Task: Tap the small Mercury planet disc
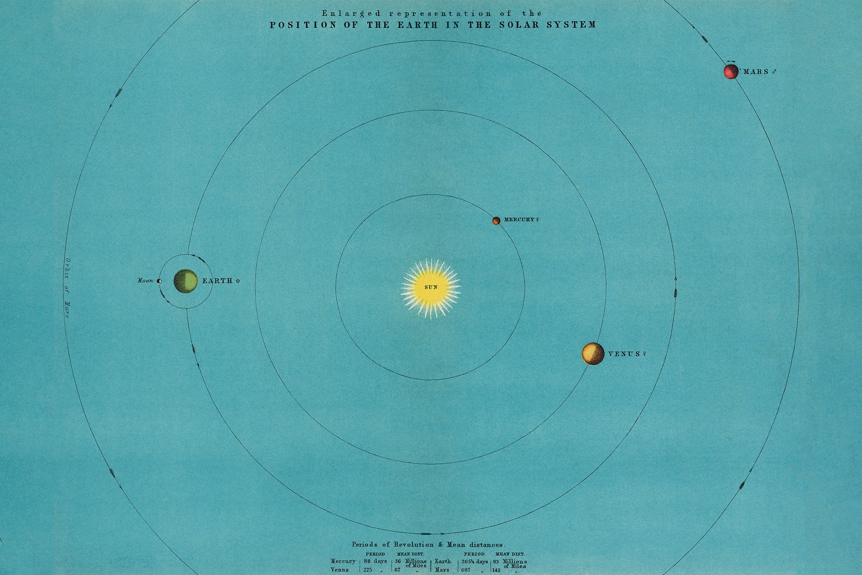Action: (497, 220)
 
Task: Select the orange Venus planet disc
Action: (593, 354)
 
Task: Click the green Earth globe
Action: (186, 281)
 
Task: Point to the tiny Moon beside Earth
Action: (159, 281)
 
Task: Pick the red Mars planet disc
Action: (731, 72)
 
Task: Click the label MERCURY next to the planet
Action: (519, 219)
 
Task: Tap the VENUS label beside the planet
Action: (624, 354)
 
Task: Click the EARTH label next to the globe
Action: (217, 281)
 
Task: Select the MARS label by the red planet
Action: (756, 72)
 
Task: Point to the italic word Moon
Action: (145, 281)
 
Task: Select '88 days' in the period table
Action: (375, 561)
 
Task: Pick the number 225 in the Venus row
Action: (368, 570)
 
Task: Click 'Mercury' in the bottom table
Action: (343, 561)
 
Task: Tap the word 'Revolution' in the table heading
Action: (413, 544)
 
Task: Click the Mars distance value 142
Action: (496, 570)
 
